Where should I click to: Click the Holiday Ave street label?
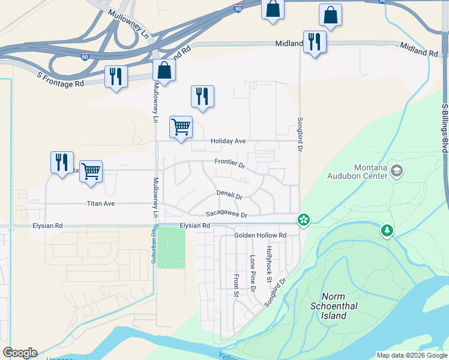point(228,142)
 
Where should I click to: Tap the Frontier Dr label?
point(230,163)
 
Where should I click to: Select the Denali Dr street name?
point(229,196)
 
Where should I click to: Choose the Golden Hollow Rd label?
point(260,235)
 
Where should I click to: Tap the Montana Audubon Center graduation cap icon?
point(396,172)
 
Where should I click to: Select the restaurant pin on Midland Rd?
point(314,41)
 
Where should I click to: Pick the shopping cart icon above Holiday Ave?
point(181,127)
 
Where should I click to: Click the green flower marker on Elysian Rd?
point(304,220)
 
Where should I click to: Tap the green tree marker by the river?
point(387,230)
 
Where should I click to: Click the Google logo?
point(20,353)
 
